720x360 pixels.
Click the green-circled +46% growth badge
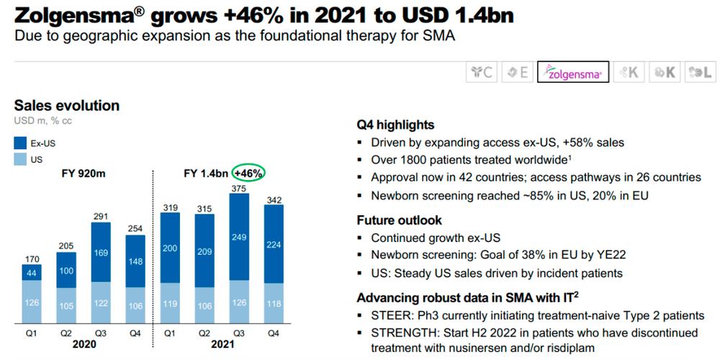click(248, 174)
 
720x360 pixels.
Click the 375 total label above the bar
click(239, 188)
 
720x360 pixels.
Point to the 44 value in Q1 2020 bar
click(31, 273)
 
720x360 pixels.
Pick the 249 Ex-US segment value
click(239, 238)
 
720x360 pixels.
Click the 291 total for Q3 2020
click(101, 217)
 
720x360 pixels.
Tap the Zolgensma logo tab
click(572, 72)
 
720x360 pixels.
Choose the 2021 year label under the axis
click(222, 344)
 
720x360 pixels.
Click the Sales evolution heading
click(67, 106)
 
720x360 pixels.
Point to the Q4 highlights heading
click(395, 125)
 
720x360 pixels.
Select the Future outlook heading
click(399, 220)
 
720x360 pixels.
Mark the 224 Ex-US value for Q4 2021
click(274, 244)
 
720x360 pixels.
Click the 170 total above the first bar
click(31, 259)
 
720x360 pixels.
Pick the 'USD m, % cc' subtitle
click(43, 121)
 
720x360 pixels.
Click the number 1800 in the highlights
click(413, 160)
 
